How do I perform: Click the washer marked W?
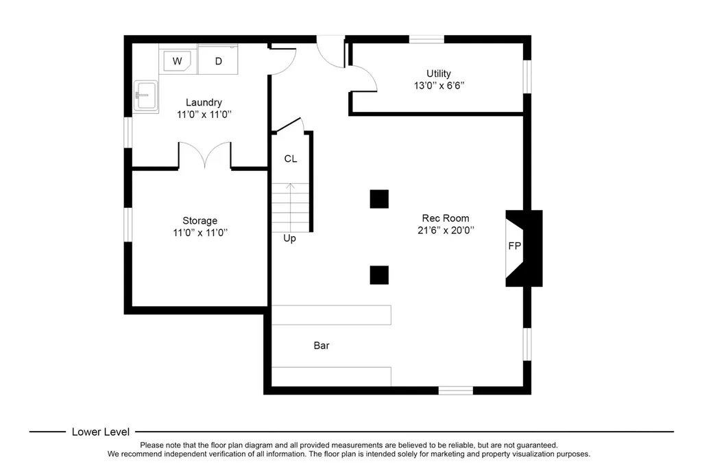point(178,60)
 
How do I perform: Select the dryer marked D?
point(218,60)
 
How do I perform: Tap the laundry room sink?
point(146,95)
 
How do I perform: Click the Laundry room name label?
point(204,103)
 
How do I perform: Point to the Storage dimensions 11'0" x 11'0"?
point(200,233)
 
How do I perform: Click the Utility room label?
point(438,73)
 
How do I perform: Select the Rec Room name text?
point(446,218)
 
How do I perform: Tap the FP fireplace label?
point(514,246)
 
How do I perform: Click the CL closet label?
point(291,159)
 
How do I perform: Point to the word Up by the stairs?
point(290,239)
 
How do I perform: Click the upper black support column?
point(379,199)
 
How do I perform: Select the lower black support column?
point(379,275)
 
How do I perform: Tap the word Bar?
point(322,346)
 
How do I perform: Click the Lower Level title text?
point(101,432)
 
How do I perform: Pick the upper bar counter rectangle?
point(331,315)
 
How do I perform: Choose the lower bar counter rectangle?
point(331,377)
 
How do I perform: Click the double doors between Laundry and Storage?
point(204,155)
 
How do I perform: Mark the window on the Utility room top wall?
point(426,39)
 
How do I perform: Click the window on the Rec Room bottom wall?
point(455,390)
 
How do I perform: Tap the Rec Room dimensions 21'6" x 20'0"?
point(446,231)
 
